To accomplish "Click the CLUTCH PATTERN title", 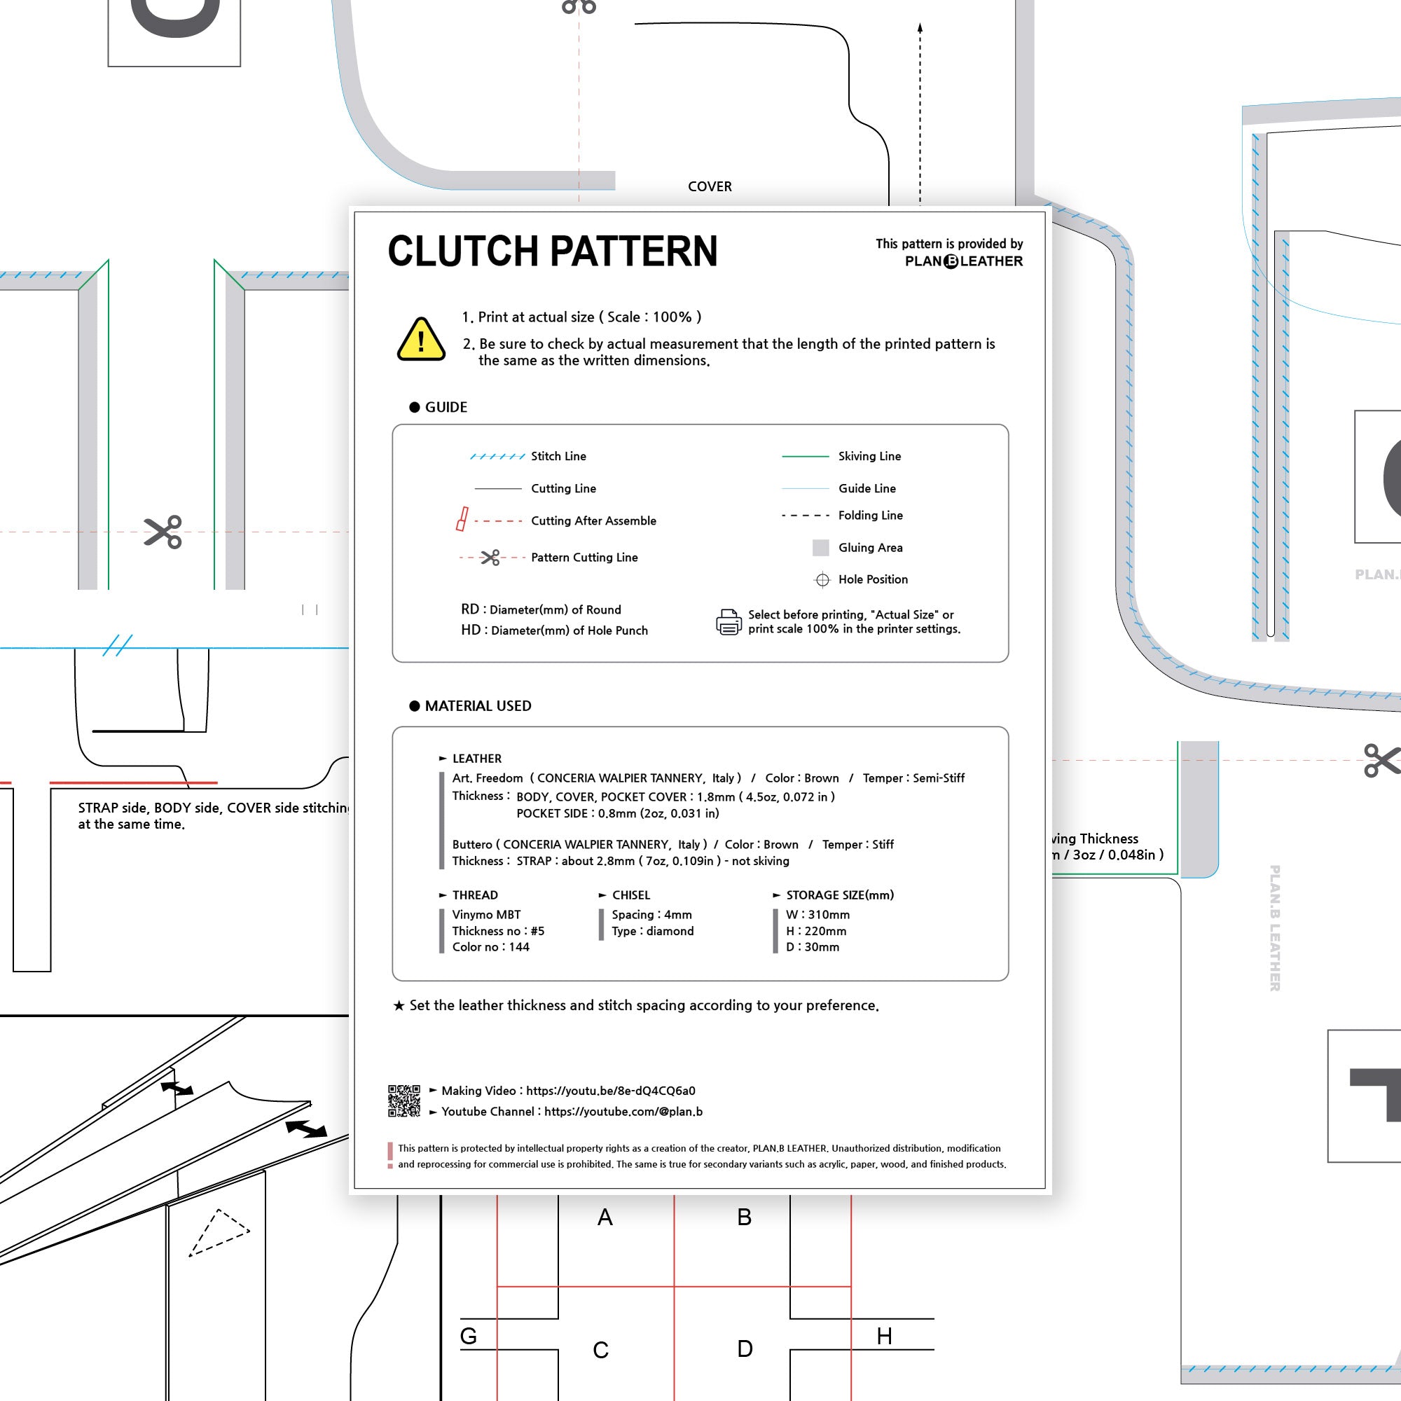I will coord(553,251).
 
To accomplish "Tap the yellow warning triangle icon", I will coord(420,339).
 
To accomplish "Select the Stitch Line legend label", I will coord(558,456).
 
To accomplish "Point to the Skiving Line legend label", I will coord(869,456).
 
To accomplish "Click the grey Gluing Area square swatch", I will coord(820,548).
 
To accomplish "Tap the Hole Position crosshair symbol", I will coord(822,579).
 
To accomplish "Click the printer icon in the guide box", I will coord(729,622).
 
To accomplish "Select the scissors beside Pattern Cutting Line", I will coord(491,557).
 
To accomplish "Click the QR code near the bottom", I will coord(404,1100).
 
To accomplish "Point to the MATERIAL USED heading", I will coord(478,705).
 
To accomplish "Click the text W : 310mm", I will coord(817,914).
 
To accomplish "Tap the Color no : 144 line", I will coord(491,946).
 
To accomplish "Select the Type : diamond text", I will coord(653,931).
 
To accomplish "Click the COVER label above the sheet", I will coord(709,186).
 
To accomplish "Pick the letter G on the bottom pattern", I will coord(469,1336).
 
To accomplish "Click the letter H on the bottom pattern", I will coord(884,1336).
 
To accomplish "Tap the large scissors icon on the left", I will coord(163,532).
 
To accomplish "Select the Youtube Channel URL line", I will coord(572,1112).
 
